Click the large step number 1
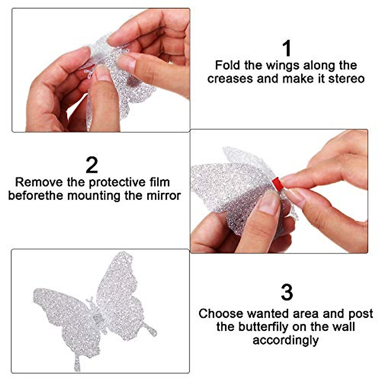pyautogui.click(x=286, y=48)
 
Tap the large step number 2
pyautogui.click(x=92, y=165)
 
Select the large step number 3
pyautogui.click(x=287, y=292)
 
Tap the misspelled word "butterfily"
pyautogui.click(x=264, y=327)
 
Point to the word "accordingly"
pyautogui.click(x=285, y=340)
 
